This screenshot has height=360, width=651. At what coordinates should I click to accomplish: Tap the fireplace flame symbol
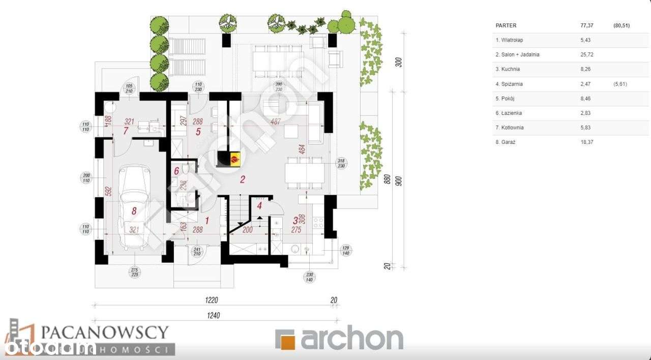(x=233, y=159)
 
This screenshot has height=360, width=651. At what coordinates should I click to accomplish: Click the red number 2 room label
(x=243, y=179)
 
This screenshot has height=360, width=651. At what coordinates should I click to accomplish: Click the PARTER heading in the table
(x=506, y=25)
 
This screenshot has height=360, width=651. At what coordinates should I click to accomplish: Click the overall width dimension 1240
(x=214, y=315)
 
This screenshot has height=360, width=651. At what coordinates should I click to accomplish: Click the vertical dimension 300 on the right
(x=399, y=62)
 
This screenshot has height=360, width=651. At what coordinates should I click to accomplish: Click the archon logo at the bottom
(x=339, y=339)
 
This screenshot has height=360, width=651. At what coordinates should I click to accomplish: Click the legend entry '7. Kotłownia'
(x=510, y=128)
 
